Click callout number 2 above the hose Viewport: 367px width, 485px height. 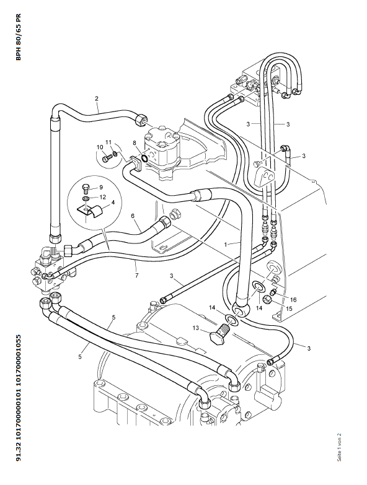[x=97, y=98]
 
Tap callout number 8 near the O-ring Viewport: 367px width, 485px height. [x=135, y=142]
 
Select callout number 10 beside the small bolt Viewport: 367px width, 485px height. [x=100, y=147]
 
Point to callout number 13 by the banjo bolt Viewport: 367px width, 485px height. [x=195, y=328]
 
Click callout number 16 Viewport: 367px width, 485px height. [x=293, y=299]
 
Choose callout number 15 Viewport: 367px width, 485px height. [x=289, y=308]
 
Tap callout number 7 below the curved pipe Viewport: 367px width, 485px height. [x=136, y=275]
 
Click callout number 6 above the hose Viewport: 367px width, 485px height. [x=133, y=216]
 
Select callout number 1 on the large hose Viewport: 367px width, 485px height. [x=226, y=244]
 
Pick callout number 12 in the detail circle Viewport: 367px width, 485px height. [x=103, y=197]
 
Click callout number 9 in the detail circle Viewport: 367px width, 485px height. [x=101, y=187]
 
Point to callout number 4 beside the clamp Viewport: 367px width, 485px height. [x=113, y=203]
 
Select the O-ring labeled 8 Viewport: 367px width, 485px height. [x=144, y=159]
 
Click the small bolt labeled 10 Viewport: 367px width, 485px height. [x=106, y=158]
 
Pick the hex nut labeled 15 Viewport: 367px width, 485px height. [x=267, y=299]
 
